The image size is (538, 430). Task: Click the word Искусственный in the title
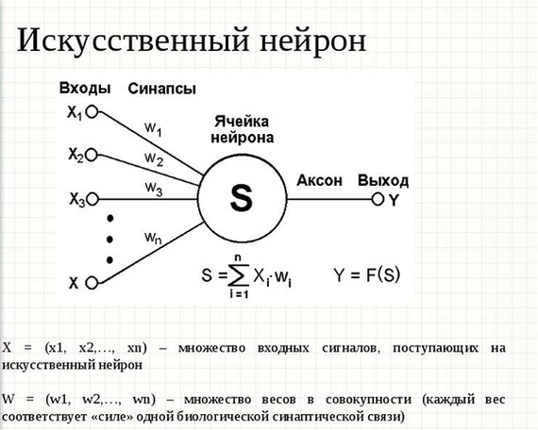(133, 41)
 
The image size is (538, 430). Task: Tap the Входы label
(85, 89)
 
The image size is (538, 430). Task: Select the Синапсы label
(162, 89)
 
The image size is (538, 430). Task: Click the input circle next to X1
(92, 112)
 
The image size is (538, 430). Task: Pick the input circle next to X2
(92, 155)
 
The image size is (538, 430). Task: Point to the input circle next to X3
(92, 199)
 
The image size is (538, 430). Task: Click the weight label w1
(153, 129)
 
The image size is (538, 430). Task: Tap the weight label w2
(154, 159)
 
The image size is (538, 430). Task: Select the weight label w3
(153, 189)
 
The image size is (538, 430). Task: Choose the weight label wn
(153, 238)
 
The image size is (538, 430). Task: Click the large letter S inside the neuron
(242, 199)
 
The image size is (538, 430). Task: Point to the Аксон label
(319, 180)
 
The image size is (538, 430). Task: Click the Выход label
(383, 181)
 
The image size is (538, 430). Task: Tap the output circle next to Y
(378, 199)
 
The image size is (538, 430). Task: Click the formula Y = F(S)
(367, 274)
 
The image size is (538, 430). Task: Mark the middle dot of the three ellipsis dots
(109, 239)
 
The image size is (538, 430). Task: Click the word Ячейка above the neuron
(242, 122)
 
